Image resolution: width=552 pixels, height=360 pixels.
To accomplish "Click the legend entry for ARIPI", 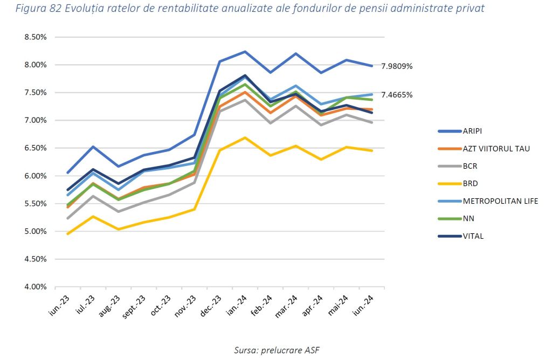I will [x=473, y=131].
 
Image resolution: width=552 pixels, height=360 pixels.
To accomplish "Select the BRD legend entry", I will [x=470, y=184].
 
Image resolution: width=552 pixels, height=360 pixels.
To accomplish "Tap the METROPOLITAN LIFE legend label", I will [x=500, y=201].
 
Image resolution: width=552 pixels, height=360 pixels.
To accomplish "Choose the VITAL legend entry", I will [x=472, y=236].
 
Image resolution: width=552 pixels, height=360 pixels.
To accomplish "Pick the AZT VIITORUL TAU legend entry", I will [x=496, y=148].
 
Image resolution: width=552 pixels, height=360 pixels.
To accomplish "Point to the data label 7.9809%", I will [x=397, y=66].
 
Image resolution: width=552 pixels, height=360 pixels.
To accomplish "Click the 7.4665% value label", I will [x=397, y=95].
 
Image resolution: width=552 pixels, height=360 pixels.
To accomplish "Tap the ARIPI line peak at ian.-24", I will [x=245, y=52].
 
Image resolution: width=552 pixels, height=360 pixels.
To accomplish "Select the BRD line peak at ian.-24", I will [x=245, y=137].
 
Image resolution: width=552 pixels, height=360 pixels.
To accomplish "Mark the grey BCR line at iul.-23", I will [x=93, y=196].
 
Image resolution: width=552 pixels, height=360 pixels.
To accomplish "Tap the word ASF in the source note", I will [x=311, y=350].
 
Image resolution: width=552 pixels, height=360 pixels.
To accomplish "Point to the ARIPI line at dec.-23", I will [x=219, y=61].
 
